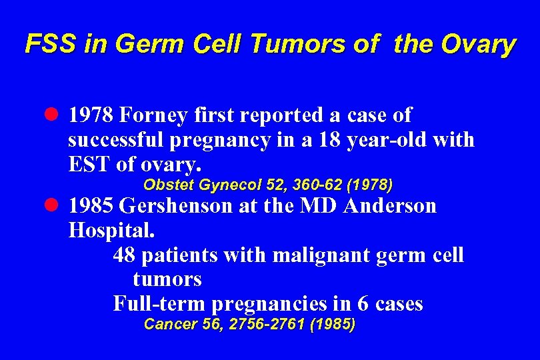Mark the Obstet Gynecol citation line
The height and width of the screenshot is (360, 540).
click(268, 184)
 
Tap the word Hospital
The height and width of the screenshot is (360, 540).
click(111, 230)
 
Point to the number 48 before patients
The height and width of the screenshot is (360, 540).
click(124, 255)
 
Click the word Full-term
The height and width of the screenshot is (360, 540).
click(159, 303)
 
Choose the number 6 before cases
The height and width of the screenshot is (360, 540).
click(363, 303)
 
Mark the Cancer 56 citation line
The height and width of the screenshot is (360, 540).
click(249, 325)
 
